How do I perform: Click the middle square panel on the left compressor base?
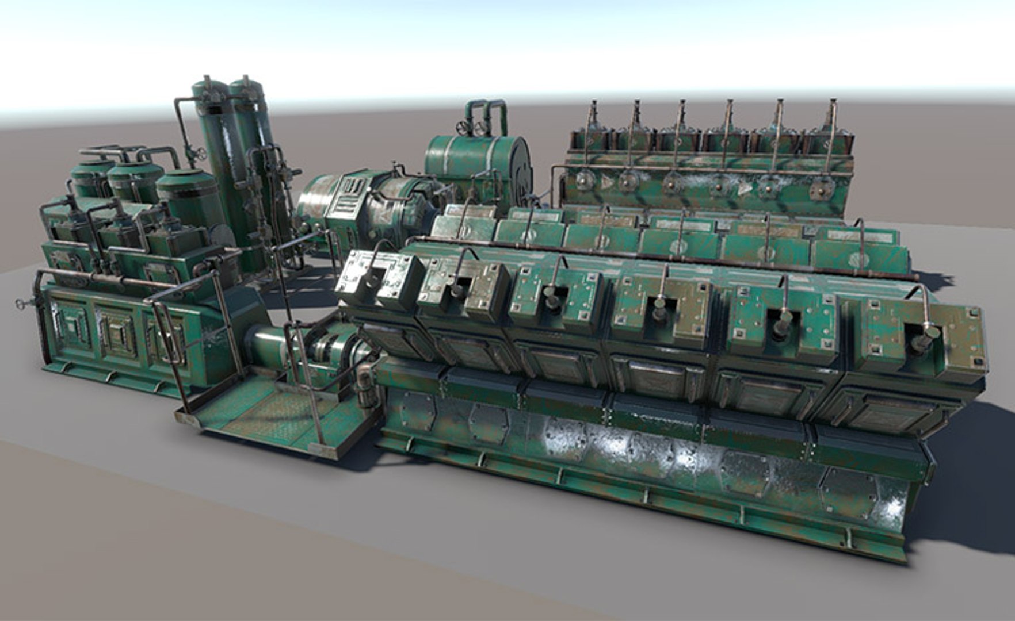(119, 335)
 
